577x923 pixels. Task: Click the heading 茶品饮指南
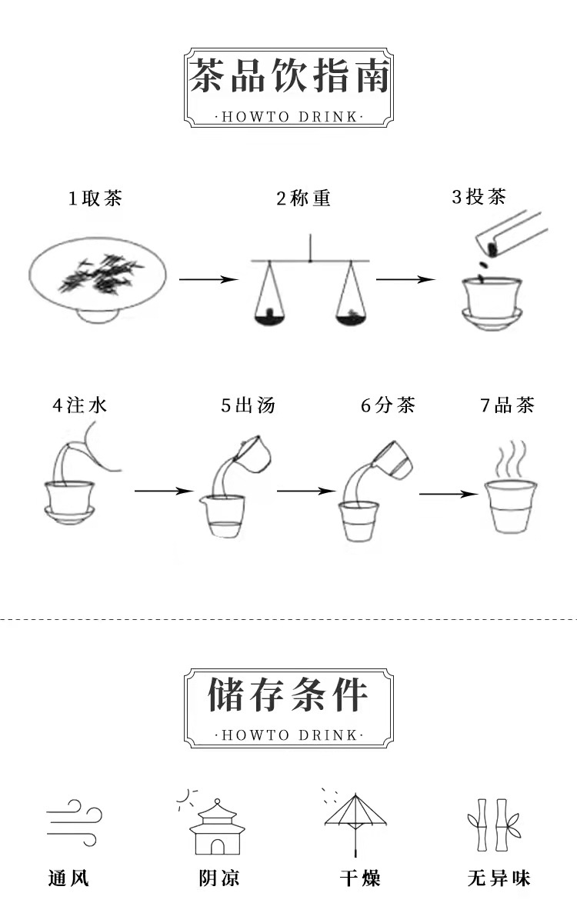pyautogui.click(x=289, y=77)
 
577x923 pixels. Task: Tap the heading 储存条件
pyautogui.click(x=289, y=695)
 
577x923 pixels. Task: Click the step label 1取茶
pyautogui.click(x=95, y=198)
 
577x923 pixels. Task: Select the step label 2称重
pyautogui.click(x=304, y=198)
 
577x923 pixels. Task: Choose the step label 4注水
pyautogui.click(x=79, y=405)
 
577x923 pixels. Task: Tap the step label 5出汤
pyautogui.click(x=248, y=405)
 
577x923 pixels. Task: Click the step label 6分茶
pyautogui.click(x=389, y=405)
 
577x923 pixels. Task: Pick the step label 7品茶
pyautogui.click(x=507, y=405)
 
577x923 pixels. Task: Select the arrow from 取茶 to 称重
pyautogui.click(x=208, y=280)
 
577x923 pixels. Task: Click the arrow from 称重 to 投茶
pyautogui.click(x=405, y=280)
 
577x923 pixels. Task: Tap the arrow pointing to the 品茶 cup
pyautogui.click(x=448, y=495)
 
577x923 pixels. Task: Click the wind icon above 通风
pyautogui.click(x=74, y=821)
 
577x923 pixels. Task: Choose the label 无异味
pyautogui.click(x=499, y=878)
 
